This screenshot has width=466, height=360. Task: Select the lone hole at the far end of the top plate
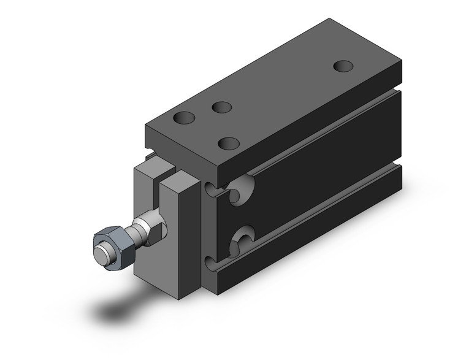(344, 66)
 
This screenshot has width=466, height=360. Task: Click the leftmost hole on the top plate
(184, 117)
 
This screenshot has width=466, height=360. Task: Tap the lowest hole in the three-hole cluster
(229, 144)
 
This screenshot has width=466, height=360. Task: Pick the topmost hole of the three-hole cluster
(221, 107)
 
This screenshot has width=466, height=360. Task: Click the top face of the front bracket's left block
(150, 169)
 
